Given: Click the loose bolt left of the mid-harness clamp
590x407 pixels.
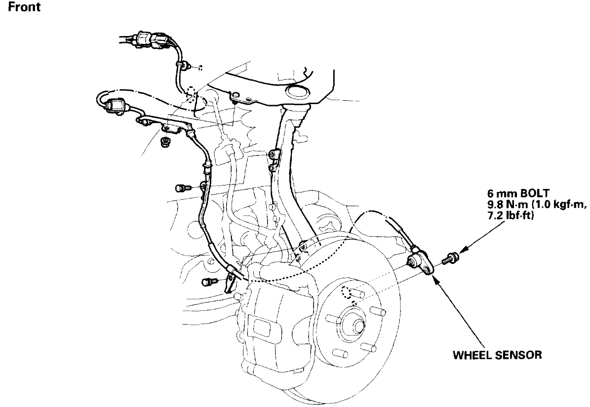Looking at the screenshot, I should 181,188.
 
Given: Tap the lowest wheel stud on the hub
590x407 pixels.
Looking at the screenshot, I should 338,354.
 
